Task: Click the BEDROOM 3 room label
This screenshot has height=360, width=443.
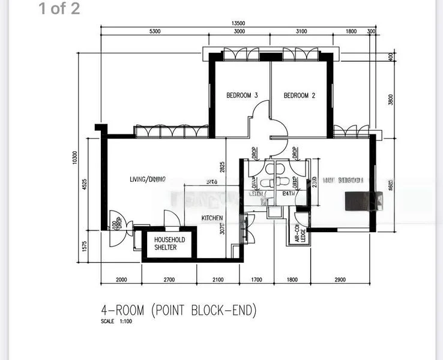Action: (x=242, y=95)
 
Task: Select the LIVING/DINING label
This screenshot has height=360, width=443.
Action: (x=148, y=179)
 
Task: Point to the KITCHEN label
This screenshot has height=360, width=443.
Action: (x=212, y=218)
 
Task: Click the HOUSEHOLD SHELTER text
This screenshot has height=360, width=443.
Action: (x=170, y=244)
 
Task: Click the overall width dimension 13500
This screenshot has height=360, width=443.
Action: (x=238, y=24)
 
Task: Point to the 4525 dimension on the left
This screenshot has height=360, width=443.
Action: (x=85, y=184)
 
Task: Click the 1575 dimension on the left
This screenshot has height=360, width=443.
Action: (x=85, y=247)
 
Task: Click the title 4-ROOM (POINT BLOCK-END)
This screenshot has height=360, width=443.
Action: (x=178, y=310)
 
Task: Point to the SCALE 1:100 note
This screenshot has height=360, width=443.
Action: (x=116, y=322)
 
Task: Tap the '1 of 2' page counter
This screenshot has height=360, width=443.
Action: (x=59, y=9)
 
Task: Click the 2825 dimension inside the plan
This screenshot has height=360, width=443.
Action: (x=223, y=167)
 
